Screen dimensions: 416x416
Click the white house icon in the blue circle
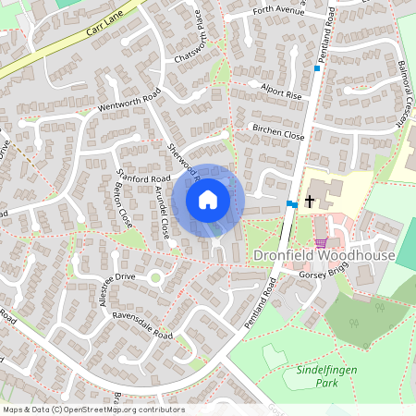208,200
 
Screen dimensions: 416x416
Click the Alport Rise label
281,94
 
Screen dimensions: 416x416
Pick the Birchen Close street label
278,132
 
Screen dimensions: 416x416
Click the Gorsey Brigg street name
323,275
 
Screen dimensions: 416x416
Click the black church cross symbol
309,200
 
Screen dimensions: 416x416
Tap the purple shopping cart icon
321,243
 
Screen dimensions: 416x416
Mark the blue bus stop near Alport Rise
316,68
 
